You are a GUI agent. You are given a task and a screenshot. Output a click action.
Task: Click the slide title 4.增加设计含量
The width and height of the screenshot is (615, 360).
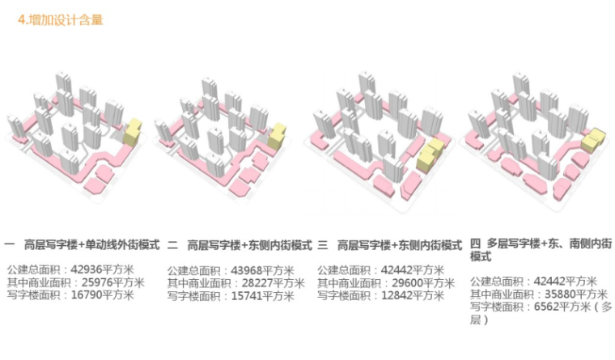pos(61,20)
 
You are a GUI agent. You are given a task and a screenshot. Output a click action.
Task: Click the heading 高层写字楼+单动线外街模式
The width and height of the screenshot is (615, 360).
pos(95,244)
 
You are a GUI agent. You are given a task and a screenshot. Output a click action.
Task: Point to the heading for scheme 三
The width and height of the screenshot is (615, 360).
pos(399,244)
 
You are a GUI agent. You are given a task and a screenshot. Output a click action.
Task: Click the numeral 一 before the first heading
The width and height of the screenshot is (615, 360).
pos(10,244)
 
